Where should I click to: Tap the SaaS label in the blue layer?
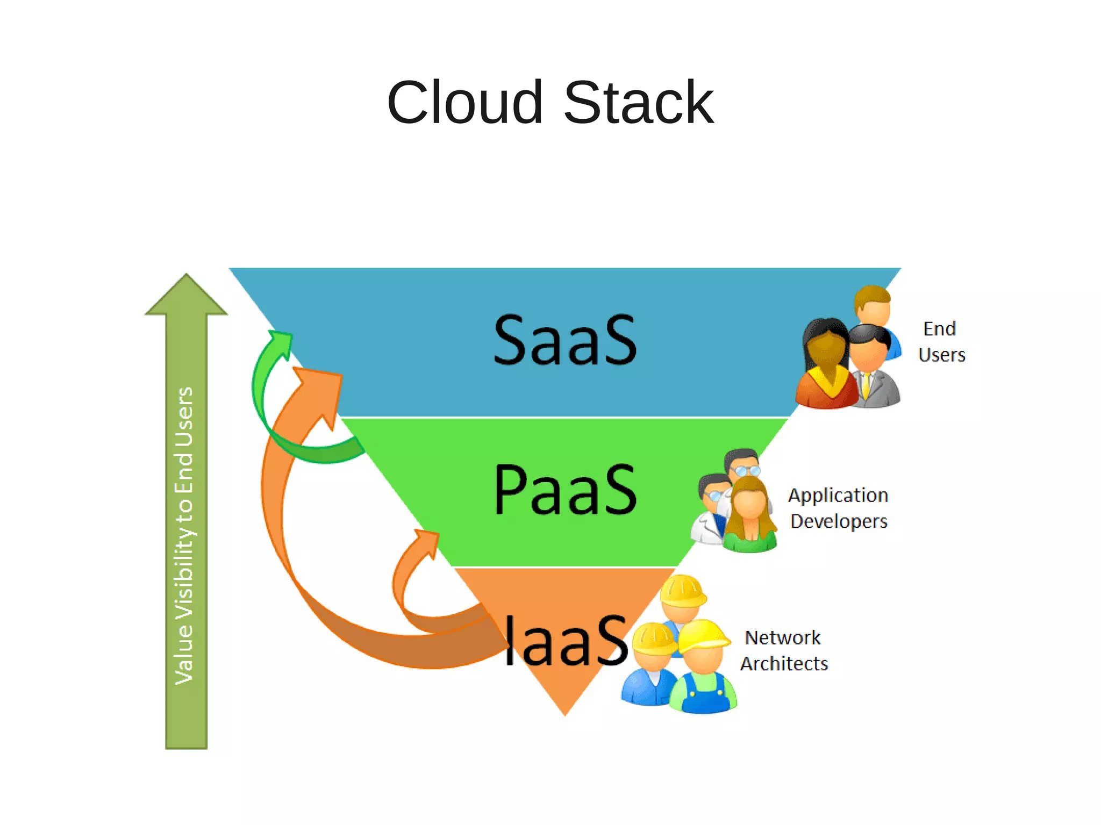564,340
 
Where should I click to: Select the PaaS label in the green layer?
564,490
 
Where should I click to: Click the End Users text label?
941,342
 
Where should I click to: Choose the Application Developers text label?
838,508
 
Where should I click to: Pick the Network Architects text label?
784,650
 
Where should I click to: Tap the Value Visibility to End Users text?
184,535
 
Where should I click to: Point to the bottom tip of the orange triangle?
565,713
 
